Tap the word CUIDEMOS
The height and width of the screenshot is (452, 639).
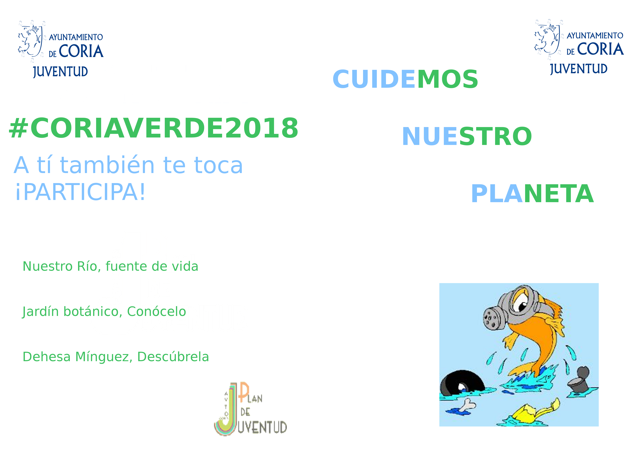(x=405, y=79)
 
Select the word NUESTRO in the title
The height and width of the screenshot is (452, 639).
(x=467, y=136)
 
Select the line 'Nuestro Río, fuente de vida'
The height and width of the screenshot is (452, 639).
(x=110, y=266)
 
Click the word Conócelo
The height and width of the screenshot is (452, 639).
(x=156, y=312)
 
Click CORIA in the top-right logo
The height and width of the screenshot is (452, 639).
(x=600, y=49)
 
